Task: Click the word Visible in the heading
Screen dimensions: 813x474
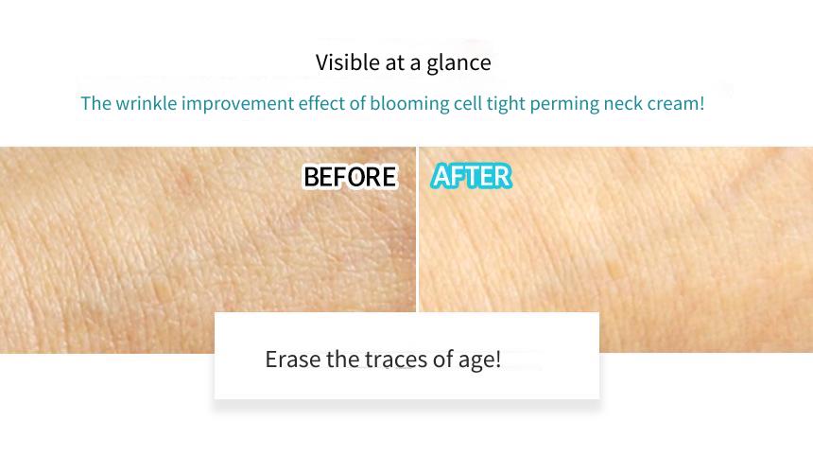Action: (347, 62)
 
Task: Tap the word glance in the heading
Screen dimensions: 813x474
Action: (458, 63)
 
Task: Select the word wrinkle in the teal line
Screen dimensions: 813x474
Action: (147, 103)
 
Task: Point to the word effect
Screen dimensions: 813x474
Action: (321, 103)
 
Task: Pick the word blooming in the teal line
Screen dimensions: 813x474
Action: (409, 104)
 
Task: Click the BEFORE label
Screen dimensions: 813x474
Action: (350, 177)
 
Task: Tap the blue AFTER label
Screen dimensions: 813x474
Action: (471, 176)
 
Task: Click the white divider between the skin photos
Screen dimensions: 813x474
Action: (417, 229)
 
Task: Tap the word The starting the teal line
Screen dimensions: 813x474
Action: (95, 103)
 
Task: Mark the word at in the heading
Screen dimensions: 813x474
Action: (395, 63)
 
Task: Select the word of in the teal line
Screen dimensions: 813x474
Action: (357, 103)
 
